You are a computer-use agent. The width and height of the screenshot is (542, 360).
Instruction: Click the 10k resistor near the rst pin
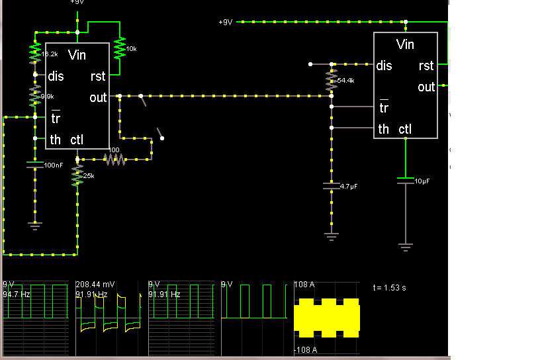click(120, 48)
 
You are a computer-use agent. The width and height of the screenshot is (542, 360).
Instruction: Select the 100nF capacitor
click(35, 164)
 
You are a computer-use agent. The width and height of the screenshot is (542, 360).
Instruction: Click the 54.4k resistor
click(331, 81)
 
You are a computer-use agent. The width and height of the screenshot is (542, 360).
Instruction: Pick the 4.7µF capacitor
click(331, 187)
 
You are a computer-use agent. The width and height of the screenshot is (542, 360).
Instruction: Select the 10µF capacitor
click(405, 180)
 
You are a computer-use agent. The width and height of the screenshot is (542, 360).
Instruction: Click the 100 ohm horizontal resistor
click(114, 159)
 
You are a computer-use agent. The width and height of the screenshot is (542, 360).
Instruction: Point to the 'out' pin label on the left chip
click(98, 98)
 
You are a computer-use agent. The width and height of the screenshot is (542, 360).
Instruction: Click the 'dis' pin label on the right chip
click(384, 66)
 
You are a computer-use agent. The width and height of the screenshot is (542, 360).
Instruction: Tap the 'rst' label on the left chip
click(98, 77)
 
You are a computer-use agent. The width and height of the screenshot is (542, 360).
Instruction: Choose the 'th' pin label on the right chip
click(383, 129)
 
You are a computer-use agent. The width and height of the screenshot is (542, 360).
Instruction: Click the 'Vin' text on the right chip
click(405, 45)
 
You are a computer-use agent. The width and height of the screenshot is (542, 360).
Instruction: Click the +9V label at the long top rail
click(225, 22)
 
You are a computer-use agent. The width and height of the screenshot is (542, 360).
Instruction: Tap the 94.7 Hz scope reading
click(17, 294)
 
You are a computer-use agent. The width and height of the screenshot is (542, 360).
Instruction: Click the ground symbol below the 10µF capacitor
click(405, 247)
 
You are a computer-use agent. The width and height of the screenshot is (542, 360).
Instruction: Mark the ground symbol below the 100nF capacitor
click(35, 226)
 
